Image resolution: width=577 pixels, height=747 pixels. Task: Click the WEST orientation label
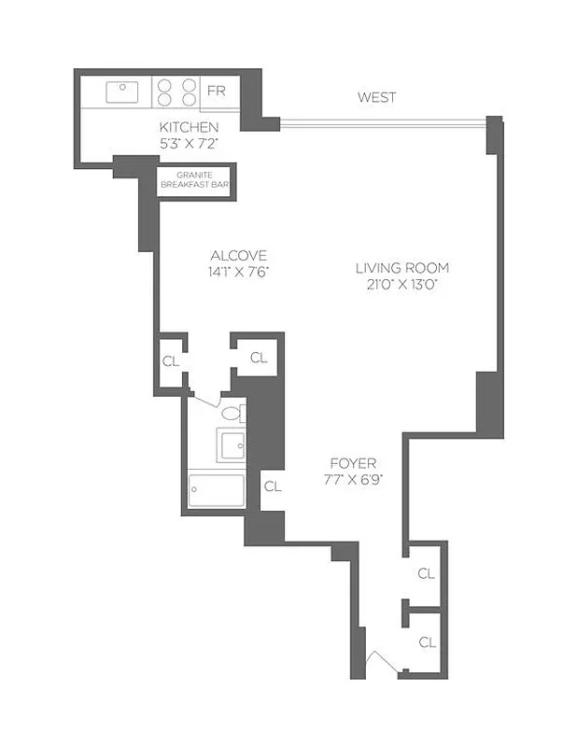pyautogui.click(x=376, y=97)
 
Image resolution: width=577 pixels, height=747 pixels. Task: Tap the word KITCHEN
pyautogui.click(x=189, y=127)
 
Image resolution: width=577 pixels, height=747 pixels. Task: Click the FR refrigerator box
pyautogui.click(x=216, y=92)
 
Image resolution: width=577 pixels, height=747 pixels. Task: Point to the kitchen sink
pyautogui.click(x=122, y=92)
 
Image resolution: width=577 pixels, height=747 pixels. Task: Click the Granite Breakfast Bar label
pyautogui.click(x=194, y=180)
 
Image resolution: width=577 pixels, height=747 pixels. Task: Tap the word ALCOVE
pyautogui.click(x=239, y=256)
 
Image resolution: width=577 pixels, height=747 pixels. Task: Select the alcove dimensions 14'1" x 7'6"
pyautogui.click(x=239, y=273)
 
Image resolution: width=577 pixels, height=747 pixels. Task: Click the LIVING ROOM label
pyautogui.click(x=396, y=268)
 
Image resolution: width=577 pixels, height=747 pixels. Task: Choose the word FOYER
pyautogui.click(x=352, y=463)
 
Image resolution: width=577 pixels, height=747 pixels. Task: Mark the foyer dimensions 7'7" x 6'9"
pyautogui.click(x=352, y=480)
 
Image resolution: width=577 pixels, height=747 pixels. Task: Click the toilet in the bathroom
pyautogui.click(x=233, y=411)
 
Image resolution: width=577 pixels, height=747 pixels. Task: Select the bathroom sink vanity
pyautogui.click(x=231, y=444)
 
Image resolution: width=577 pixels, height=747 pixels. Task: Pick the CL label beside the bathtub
pyautogui.click(x=272, y=486)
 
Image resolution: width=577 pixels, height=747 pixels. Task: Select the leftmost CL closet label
pyautogui.click(x=170, y=361)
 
